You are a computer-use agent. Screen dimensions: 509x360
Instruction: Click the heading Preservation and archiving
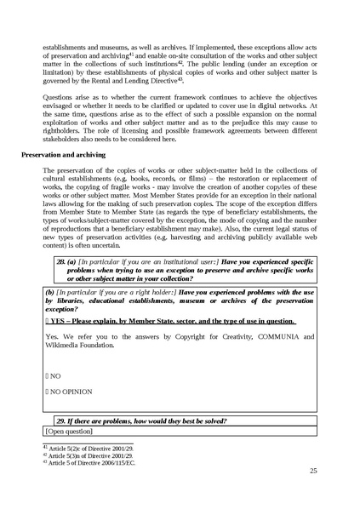tap(68, 157)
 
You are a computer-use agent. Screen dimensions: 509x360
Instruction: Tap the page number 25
tap(313, 470)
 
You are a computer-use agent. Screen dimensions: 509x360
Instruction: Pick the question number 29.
tap(61, 420)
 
